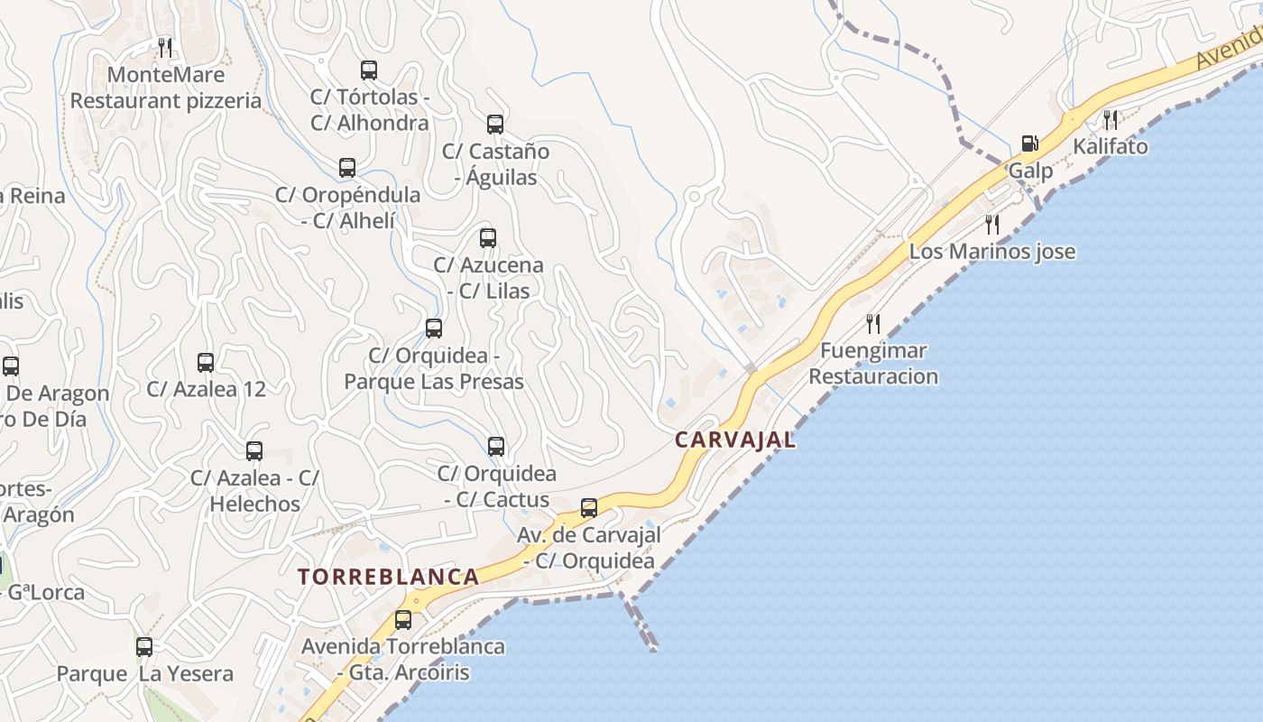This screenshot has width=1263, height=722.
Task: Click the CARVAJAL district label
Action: (x=735, y=440)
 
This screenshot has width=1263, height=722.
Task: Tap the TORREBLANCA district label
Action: (x=388, y=577)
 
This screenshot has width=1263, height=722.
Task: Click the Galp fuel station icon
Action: (x=1029, y=143)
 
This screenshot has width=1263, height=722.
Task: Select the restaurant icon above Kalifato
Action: (x=1111, y=119)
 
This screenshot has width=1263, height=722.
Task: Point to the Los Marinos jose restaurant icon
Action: (x=992, y=224)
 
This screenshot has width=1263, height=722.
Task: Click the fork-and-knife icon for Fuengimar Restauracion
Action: (x=872, y=323)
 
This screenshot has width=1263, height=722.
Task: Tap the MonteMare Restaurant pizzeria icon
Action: (x=165, y=47)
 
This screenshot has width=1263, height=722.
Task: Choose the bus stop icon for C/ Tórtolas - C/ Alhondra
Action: (x=368, y=70)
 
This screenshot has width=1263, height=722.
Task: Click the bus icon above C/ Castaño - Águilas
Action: (x=494, y=125)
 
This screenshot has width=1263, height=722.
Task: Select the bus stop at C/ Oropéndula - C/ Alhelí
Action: (x=347, y=168)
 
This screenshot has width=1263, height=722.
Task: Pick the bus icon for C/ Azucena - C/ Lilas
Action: (x=487, y=238)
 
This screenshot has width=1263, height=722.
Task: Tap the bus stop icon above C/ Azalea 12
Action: (x=206, y=363)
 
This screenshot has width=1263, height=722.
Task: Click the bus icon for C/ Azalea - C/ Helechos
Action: (x=254, y=450)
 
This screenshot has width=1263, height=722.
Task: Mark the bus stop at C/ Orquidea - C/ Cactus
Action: (x=495, y=446)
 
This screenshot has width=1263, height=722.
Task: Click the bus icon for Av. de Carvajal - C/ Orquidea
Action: (x=589, y=508)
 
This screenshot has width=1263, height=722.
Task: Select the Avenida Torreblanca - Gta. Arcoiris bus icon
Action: (x=402, y=620)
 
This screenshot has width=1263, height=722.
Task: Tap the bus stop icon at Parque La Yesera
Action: (x=144, y=647)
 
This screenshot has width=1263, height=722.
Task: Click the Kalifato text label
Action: (x=1110, y=146)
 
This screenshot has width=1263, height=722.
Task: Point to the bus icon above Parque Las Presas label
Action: (x=434, y=329)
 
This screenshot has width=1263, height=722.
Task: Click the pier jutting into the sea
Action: (x=639, y=620)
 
